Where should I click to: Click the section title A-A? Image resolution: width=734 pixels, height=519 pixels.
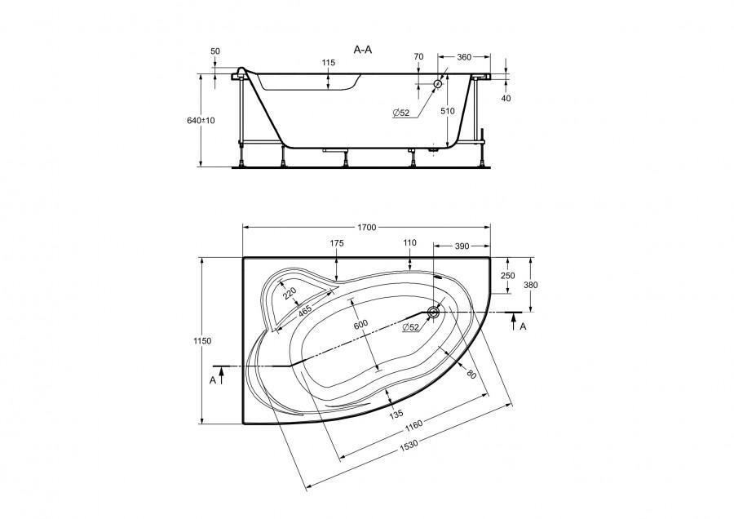tap(363, 50)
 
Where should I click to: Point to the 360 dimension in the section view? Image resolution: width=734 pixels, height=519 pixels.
tap(464, 58)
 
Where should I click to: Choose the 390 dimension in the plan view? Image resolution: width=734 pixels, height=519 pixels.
tap(461, 246)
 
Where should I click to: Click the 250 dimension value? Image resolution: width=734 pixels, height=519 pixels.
tap(507, 276)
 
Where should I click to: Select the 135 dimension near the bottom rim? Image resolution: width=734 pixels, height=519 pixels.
tap(395, 414)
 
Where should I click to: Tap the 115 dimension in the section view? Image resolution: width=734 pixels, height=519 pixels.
tap(328, 63)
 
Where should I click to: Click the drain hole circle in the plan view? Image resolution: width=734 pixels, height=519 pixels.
tap(433, 311)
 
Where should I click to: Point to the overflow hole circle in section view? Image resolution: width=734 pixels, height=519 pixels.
tap(438, 84)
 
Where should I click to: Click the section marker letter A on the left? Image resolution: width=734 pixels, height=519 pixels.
tap(213, 380)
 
